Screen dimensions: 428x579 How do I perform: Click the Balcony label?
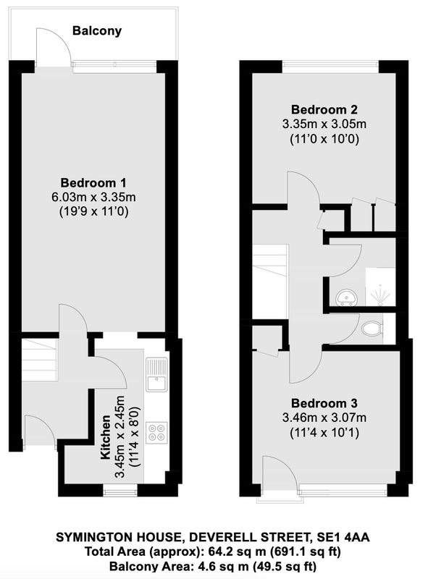tap(97, 30)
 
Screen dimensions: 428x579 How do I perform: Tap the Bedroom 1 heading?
tap(93, 183)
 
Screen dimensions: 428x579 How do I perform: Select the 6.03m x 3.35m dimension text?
tap(93, 197)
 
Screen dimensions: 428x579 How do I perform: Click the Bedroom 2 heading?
tap(324, 110)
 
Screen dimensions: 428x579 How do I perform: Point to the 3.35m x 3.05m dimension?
tap(324, 124)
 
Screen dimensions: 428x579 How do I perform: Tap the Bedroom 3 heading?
tap(324, 403)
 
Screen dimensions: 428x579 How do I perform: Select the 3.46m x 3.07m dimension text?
tap(324, 418)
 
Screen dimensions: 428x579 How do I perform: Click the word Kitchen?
tap(106, 438)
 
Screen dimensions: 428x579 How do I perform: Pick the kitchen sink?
tap(156, 374)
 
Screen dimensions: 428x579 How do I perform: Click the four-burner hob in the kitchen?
tap(156, 433)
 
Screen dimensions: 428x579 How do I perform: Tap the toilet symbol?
tap(372, 329)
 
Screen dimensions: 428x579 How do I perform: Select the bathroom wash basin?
tap(347, 297)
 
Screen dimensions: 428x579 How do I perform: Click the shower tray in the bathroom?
tap(380, 287)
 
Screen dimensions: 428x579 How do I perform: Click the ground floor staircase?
tap(39, 360)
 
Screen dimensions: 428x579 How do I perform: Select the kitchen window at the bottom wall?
tap(119, 492)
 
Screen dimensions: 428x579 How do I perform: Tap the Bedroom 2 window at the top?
tap(331, 67)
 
